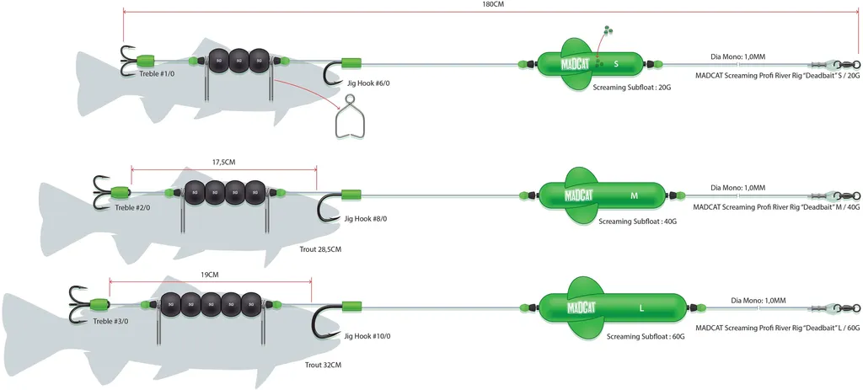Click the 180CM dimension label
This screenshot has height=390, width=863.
click(492, 4)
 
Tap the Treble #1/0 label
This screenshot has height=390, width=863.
click(157, 74)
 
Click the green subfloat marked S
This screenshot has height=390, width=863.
click(590, 62)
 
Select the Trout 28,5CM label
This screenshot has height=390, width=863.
click(320, 249)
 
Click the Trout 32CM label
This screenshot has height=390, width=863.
click(323, 365)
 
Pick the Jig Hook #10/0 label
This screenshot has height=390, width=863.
click(367, 336)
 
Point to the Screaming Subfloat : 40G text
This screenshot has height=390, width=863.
click(637, 222)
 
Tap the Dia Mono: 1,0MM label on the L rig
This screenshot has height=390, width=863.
click(758, 300)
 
